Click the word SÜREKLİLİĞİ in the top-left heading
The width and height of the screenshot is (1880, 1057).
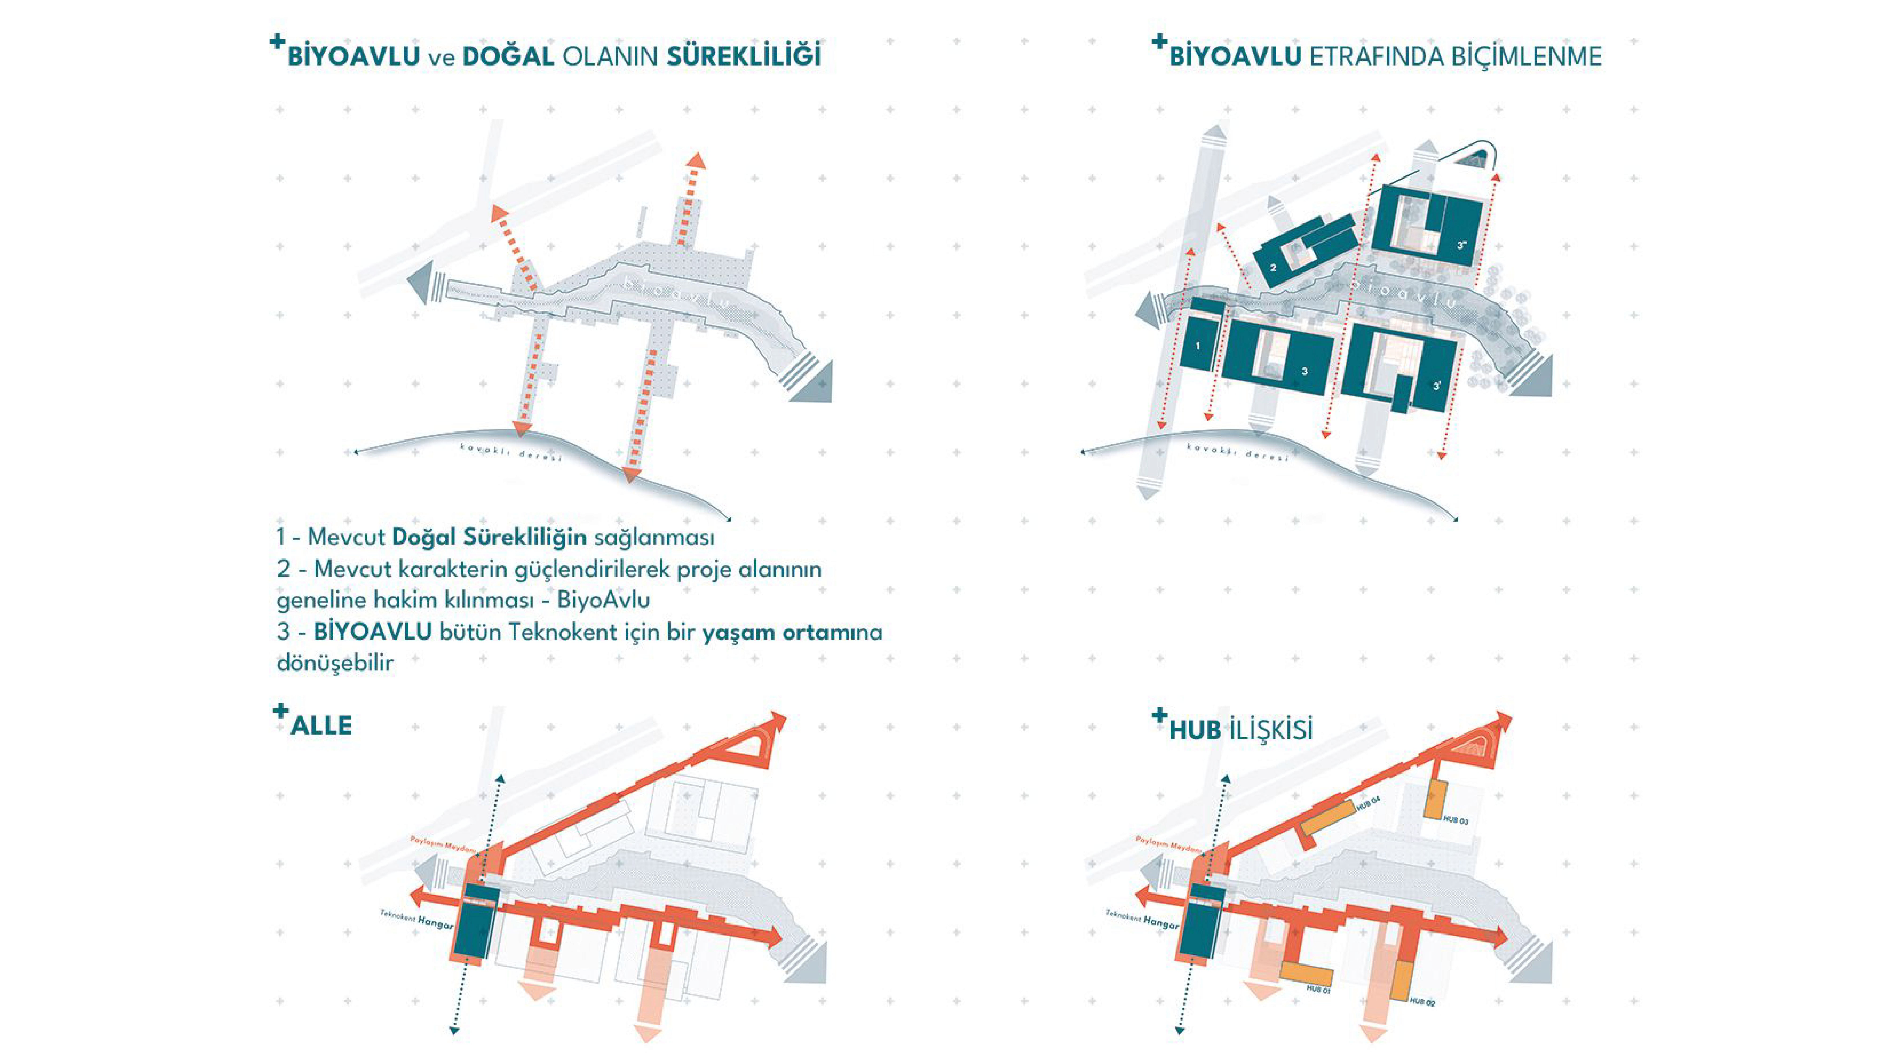pyautogui.click(x=744, y=57)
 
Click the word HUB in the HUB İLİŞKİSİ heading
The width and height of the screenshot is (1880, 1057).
pyautogui.click(x=1195, y=730)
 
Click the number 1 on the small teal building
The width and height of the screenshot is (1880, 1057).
pyautogui.click(x=1198, y=346)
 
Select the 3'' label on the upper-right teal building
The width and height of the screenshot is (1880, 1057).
pyautogui.click(x=1462, y=246)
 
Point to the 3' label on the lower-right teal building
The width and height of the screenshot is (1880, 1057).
pyautogui.click(x=1437, y=386)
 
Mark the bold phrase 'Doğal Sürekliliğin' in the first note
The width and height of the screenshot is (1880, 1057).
pyautogui.click(x=489, y=537)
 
